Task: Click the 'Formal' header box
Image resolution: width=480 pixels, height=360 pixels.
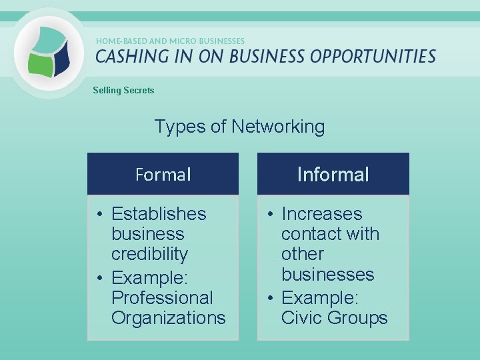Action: tap(163, 174)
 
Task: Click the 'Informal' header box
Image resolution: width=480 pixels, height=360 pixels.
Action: tap(333, 174)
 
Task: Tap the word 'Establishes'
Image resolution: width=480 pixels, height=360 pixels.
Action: tap(159, 214)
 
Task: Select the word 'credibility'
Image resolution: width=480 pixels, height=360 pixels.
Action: tap(149, 254)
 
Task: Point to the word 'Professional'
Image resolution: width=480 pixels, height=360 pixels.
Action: tap(162, 297)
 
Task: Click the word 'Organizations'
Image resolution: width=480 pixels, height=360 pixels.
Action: tap(169, 318)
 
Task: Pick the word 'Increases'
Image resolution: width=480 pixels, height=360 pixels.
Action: tap(321, 214)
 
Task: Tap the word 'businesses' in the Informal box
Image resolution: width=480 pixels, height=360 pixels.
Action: tap(327, 274)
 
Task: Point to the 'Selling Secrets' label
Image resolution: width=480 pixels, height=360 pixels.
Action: tap(123, 90)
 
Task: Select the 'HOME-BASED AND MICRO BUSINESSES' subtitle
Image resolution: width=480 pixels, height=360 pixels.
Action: tap(170, 41)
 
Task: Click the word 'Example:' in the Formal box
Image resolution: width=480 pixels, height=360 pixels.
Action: tap(153, 277)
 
